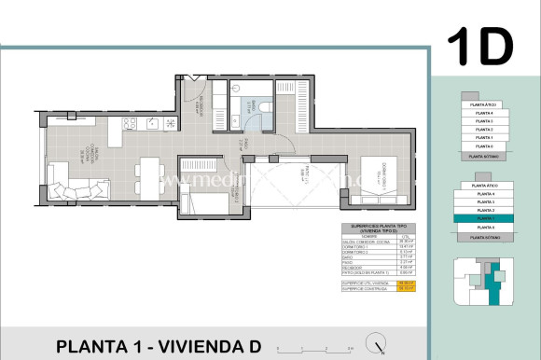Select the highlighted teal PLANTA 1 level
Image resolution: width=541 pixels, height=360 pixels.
(x=483, y=218)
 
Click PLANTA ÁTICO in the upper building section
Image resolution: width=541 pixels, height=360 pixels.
(x=483, y=104)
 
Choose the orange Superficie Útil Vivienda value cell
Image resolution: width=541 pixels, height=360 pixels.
(x=406, y=283)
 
